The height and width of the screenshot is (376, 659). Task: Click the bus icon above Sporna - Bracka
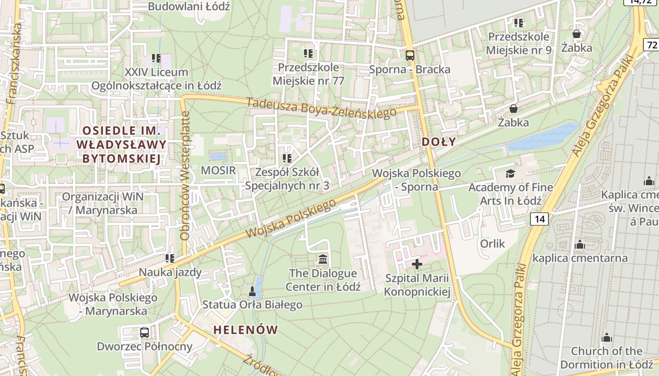point(410,55)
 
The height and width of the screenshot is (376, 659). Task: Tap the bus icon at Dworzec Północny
point(145,333)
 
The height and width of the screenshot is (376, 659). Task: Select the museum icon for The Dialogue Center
point(323,259)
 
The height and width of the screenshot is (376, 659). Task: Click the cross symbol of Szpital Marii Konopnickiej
point(417,264)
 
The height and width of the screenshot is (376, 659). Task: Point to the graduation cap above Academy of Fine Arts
point(511,174)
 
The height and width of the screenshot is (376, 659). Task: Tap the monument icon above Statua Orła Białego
point(252,292)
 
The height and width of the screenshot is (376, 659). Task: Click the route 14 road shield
point(539,219)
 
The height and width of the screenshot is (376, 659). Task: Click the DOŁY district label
point(439,141)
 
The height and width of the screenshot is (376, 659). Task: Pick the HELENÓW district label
point(246,330)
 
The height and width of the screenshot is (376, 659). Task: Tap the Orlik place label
point(492,243)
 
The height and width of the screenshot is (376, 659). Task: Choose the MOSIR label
point(218,170)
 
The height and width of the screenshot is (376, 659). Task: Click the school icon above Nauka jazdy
point(170,258)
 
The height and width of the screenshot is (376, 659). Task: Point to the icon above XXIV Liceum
point(156,58)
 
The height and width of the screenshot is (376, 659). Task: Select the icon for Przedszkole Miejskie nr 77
point(308,54)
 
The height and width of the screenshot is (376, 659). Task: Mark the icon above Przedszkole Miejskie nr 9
point(519,23)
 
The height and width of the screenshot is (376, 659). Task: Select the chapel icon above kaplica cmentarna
point(580,244)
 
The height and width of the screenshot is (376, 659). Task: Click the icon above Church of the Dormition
point(607,337)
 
